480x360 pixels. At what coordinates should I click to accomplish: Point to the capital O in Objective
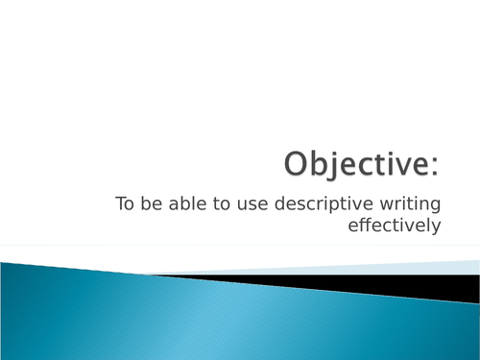tap(299, 164)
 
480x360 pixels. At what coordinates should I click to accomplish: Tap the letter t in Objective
tap(380, 165)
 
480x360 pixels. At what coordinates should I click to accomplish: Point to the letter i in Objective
tap(391, 164)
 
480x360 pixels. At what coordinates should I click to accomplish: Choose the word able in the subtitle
tap(181, 204)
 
